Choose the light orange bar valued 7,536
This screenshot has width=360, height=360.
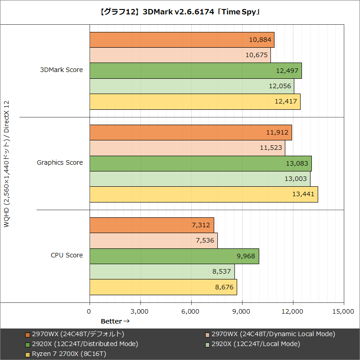pyautogui.click(x=153, y=240)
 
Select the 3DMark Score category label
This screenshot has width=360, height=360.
pyautogui.click(x=61, y=70)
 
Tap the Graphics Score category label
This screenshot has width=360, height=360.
pyautogui.click(x=60, y=162)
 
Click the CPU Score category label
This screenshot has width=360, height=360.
pyautogui.click(x=67, y=255)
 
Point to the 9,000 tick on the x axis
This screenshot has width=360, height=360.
pyautogui.click(x=242, y=311)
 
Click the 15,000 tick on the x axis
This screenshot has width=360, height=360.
pyautogui.click(x=344, y=311)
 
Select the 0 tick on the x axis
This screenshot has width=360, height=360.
pyautogui.click(x=90, y=311)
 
